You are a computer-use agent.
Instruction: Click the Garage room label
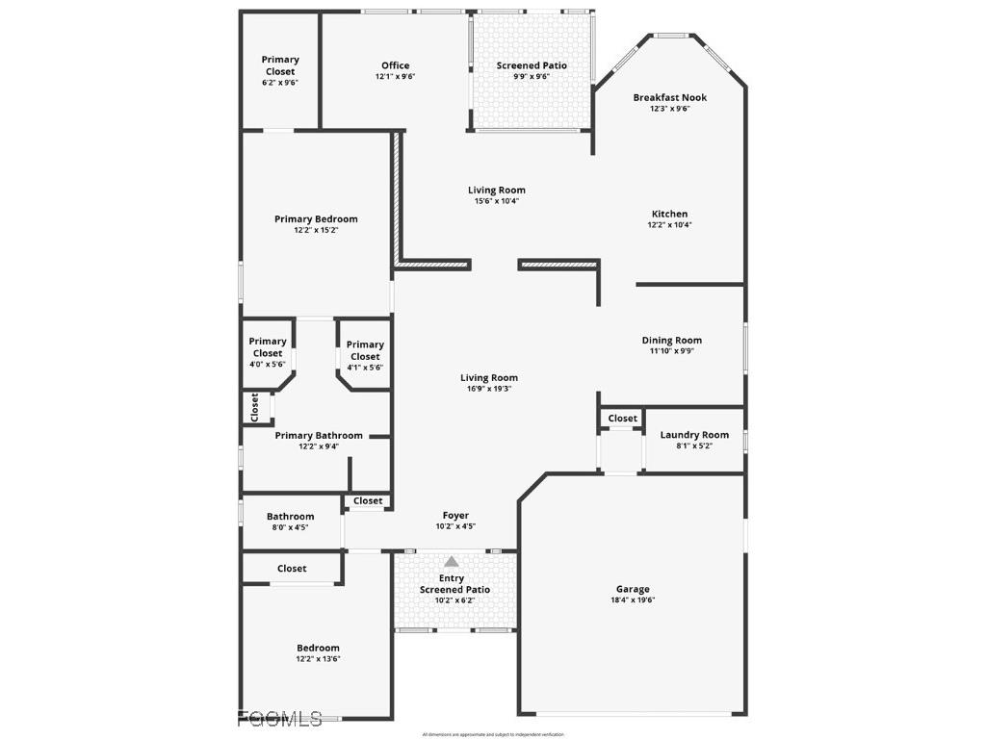click(633, 589)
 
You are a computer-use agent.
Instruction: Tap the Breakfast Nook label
click(669, 97)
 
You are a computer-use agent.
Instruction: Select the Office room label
click(395, 65)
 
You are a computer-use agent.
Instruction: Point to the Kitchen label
click(669, 214)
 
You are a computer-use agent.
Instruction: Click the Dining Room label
click(671, 340)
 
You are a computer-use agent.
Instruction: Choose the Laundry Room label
click(694, 435)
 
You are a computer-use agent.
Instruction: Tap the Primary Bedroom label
click(316, 218)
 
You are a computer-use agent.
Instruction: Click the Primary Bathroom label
click(319, 435)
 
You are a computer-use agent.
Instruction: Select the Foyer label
click(455, 516)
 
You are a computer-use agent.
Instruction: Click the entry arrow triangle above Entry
click(452, 562)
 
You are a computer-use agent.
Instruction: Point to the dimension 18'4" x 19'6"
click(633, 600)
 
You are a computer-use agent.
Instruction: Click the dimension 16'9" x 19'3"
click(489, 389)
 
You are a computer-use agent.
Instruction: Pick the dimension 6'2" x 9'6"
click(280, 83)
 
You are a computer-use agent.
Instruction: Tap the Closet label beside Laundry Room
click(623, 419)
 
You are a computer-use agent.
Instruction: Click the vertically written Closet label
click(255, 407)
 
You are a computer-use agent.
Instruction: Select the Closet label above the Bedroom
click(292, 569)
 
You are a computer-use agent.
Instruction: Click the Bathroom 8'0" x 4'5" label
click(291, 522)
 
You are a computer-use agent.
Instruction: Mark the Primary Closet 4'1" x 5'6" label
click(365, 356)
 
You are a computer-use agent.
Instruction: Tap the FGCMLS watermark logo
click(280, 718)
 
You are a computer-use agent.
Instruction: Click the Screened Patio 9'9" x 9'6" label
click(532, 70)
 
